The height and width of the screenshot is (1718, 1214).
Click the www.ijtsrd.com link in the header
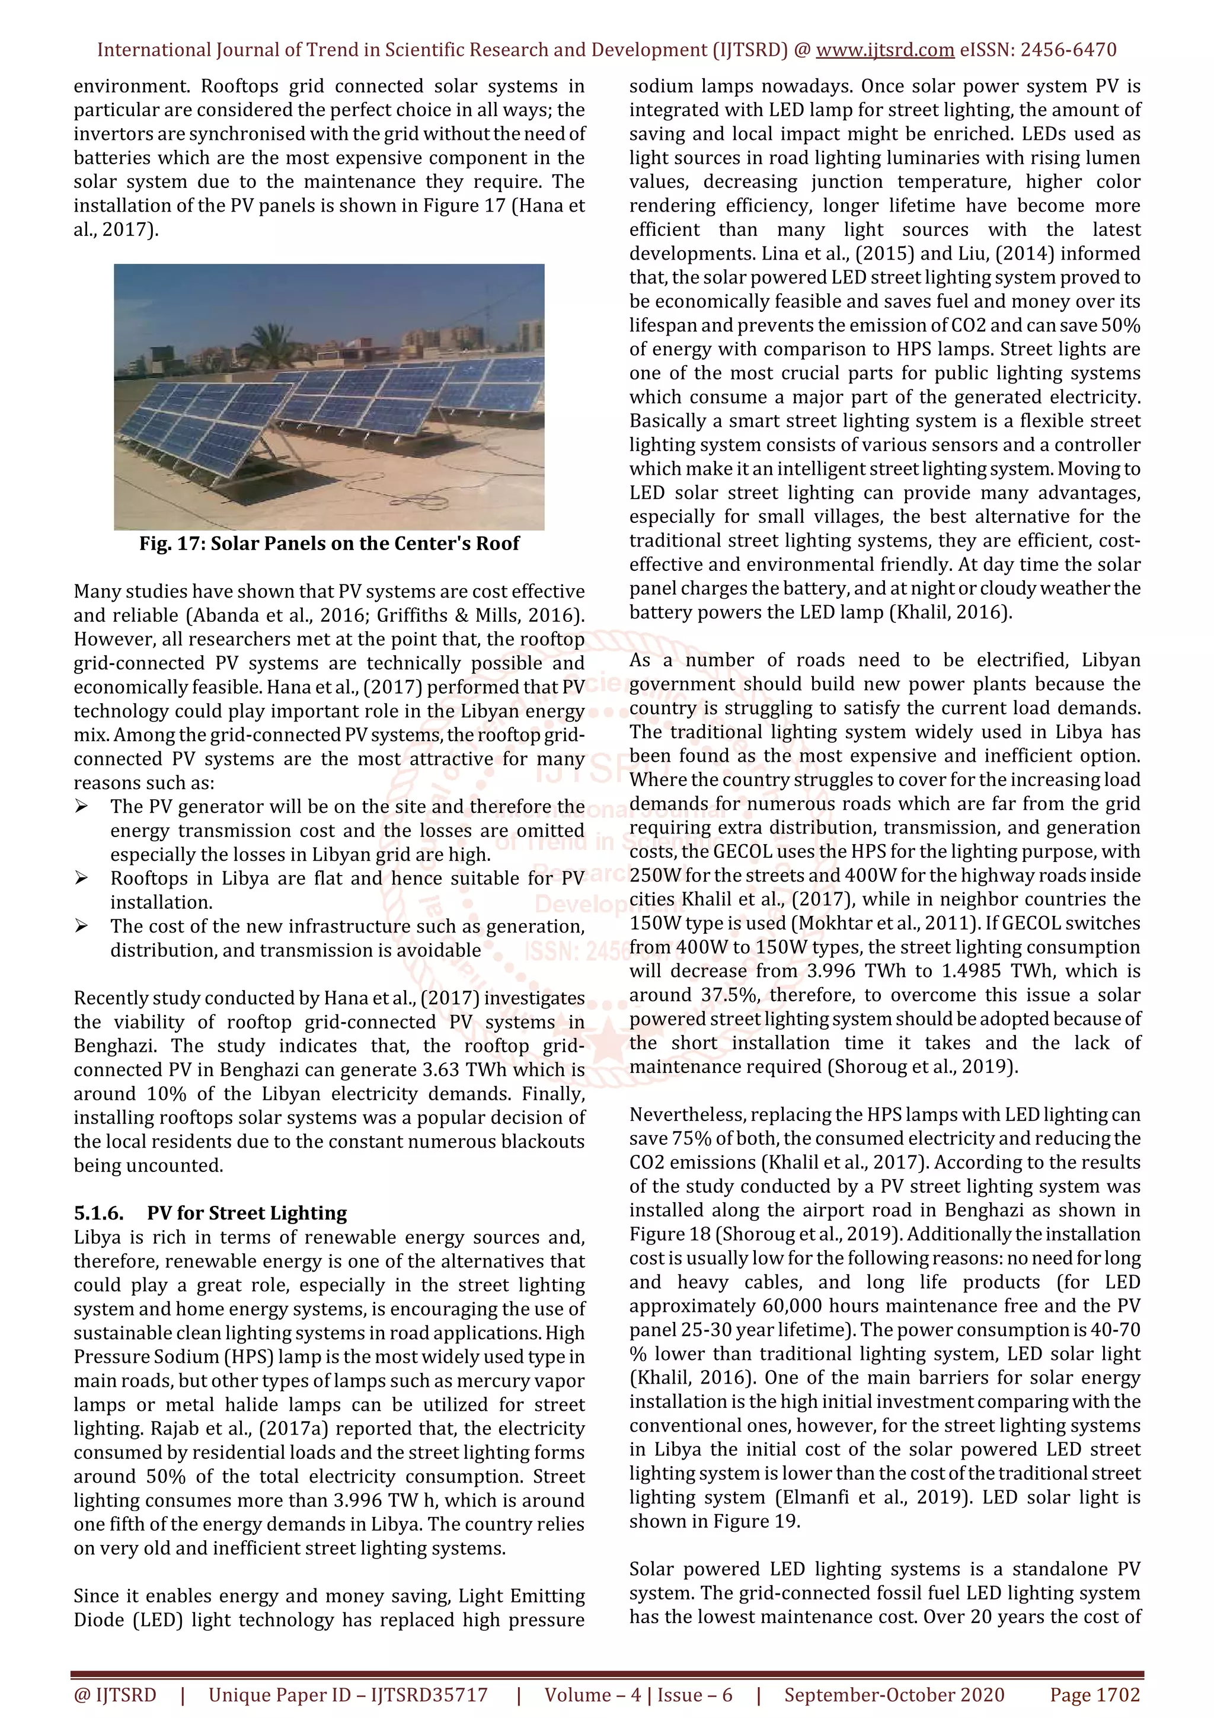[884, 50]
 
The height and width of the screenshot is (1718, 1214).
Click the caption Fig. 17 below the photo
[329, 543]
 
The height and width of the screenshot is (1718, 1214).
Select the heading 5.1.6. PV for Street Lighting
[210, 1213]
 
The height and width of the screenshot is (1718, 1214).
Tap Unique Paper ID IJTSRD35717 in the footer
[348, 1695]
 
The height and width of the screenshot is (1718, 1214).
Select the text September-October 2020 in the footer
[894, 1695]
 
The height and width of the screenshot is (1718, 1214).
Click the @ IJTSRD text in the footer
[115, 1695]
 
